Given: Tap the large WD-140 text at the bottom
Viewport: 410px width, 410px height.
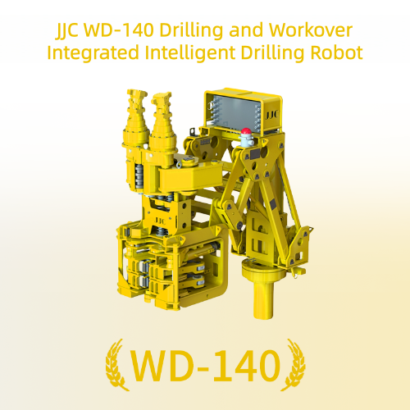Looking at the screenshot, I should tap(205, 365).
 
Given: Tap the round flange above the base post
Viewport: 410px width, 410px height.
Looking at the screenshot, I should tap(256, 267).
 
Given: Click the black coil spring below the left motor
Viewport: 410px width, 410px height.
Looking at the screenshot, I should tap(139, 175).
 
